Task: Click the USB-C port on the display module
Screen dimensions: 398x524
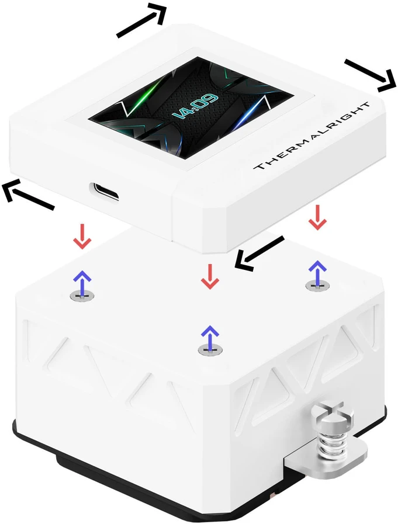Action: pyautogui.click(x=103, y=192)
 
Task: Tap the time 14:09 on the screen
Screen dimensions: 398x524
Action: pyautogui.click(x=195, y=107)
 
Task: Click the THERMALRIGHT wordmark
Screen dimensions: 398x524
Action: pyautogui.click(x=312, y=136)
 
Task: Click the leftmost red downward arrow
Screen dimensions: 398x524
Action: pyautogui.click(x=82, y=237)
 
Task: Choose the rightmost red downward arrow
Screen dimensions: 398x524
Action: pyautogui.click(x=317, y=217)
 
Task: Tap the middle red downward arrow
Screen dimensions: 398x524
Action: pyautogui.click(x=210, y=276)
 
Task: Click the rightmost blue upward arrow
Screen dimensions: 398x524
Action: pyautogui.click(x=317, y=273)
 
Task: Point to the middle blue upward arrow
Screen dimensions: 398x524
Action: pyautogui.click(x=210, y=338)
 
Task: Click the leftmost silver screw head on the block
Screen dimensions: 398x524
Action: pyautogui.click(x=82, y=296)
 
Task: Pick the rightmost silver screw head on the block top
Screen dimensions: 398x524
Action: pyautogui.click(x=317, y=286)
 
